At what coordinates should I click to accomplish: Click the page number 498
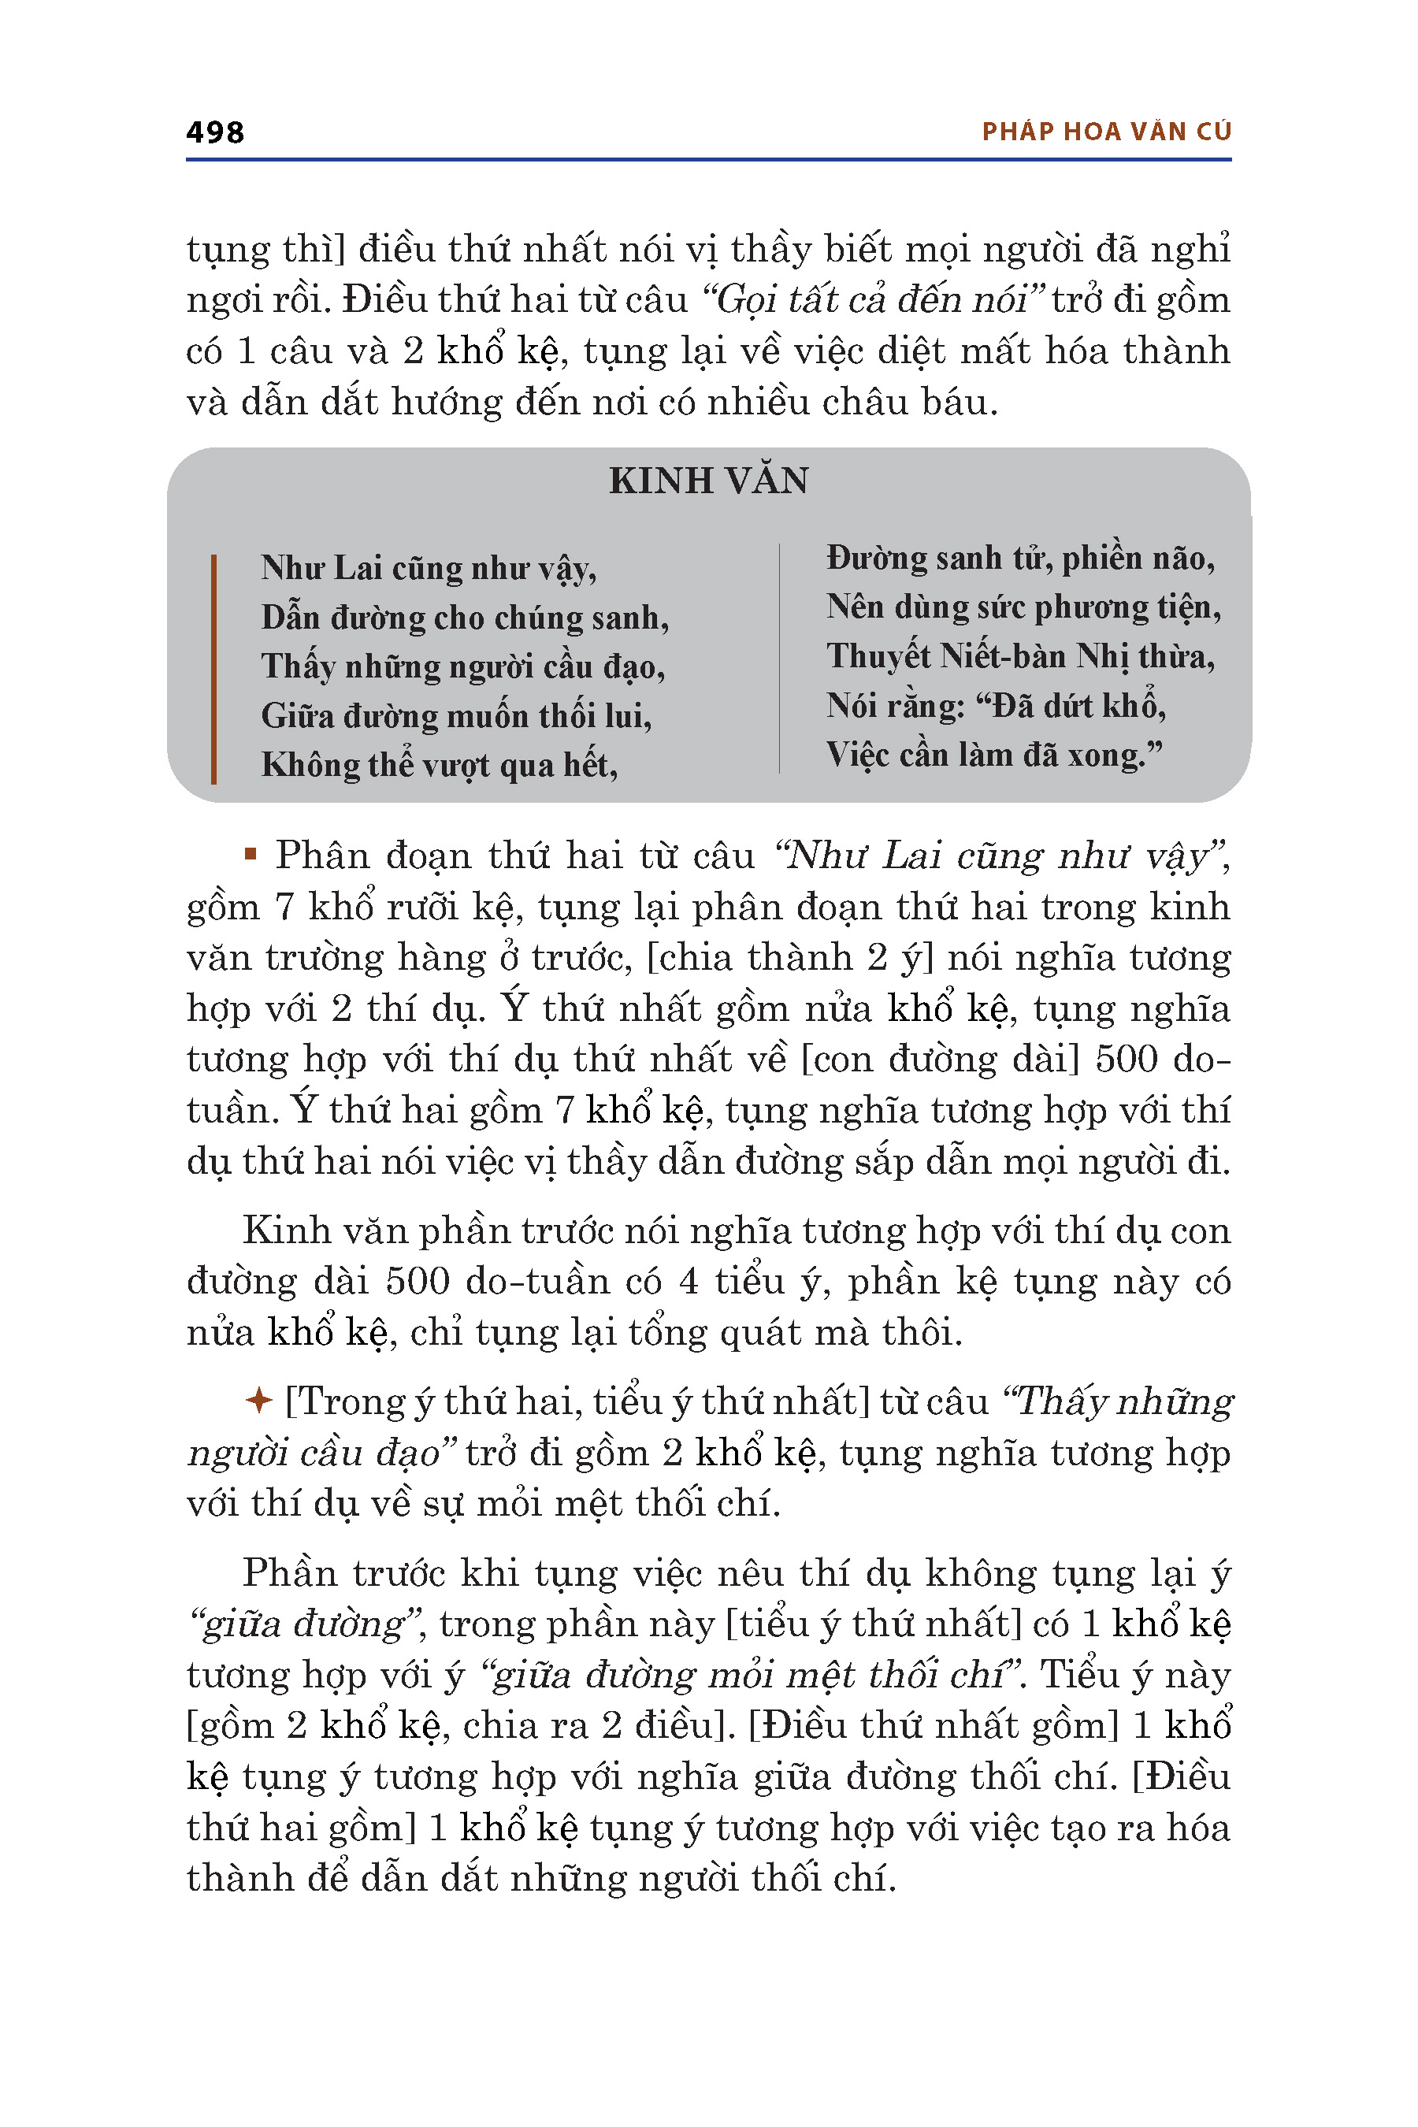[x=214, y=132]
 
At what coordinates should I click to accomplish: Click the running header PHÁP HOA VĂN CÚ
[x=1106, y=132]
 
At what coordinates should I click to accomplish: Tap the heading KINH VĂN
[x=708, y=481]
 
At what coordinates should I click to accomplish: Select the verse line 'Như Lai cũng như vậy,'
[x=429, y=568]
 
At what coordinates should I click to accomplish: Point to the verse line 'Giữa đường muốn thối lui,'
[x=456, y=716]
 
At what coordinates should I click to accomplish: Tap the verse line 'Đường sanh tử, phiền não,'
[x=1020, y=558]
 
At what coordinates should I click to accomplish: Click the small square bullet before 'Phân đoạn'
[x=251, y=853]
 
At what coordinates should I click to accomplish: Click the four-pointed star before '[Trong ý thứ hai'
[x=258, y=1401]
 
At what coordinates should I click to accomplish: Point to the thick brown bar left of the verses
[x=213, y=668]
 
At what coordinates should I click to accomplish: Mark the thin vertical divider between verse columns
[x=778, y=658]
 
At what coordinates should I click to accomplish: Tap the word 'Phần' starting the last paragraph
[x=289, y=1573]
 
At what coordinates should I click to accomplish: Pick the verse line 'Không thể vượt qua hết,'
[x=440, y=765]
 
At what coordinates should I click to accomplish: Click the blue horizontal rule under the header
[x=708, y=160]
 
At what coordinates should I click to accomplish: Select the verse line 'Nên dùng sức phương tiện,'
[x=1023, y=607]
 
